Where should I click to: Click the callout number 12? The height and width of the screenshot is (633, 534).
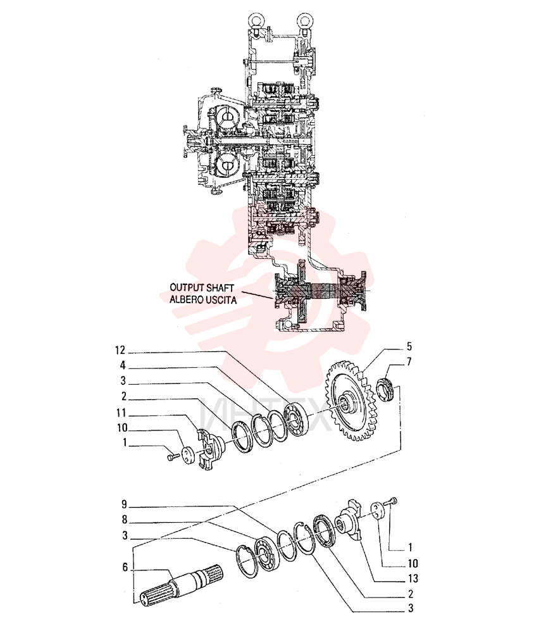120,351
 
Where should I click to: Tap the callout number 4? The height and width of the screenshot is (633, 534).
123,366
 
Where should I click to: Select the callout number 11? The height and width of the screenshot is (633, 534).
121,413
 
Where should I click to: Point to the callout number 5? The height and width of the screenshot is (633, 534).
409,346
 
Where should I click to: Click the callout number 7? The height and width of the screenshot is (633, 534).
409,361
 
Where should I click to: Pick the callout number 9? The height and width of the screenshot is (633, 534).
124,505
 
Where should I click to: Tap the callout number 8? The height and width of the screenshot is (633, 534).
124,520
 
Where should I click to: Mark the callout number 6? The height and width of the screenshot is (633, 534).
125,567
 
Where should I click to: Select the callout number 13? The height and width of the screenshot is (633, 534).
413,579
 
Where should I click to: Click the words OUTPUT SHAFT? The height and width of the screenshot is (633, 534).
202,288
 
